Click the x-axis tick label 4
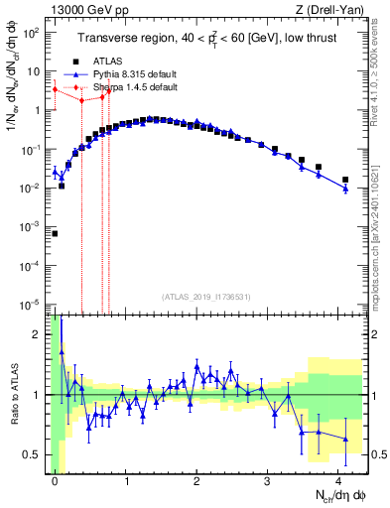(x=338, y=481)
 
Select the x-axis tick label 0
(x=55, y=481)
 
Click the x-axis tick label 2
(x=196, y=481)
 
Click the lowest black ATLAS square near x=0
(x=55, y=233)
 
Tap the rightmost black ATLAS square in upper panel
(x=345, y=180)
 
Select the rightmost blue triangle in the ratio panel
(x=345, y=439)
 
